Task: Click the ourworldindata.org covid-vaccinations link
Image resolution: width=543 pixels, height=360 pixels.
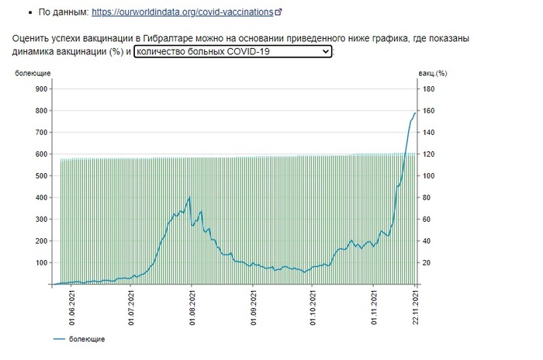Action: tap(182, 12)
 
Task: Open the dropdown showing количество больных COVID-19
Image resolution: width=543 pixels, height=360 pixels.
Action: tap(233, 52)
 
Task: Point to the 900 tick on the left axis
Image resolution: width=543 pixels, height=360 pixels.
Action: tap(40, 89)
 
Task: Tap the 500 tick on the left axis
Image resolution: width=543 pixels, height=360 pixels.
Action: tap(40, 176)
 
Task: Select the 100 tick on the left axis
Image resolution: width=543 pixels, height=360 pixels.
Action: tap(40, 263)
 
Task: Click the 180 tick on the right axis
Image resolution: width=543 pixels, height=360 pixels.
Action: tap(428, 89)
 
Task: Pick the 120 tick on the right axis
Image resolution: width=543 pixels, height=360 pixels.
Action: tap(428, 154)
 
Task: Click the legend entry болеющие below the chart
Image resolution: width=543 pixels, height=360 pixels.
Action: tap(86, 339)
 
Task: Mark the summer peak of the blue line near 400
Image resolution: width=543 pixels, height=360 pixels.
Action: tap(189, 198)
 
